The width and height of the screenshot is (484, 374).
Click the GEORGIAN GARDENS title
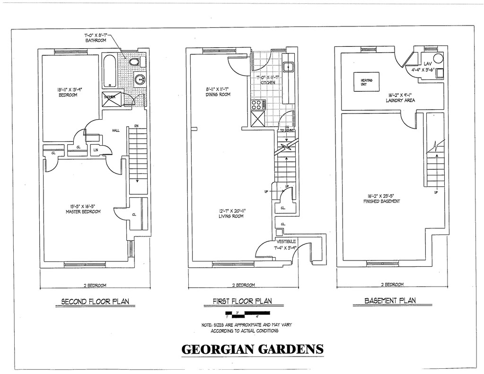253,350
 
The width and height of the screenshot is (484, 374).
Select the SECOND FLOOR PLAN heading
96,301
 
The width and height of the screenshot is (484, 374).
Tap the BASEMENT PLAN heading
390,300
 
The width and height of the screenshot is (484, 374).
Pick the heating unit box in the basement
367,82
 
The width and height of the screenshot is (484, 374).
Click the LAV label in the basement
428,63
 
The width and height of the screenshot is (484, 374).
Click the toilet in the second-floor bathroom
135,62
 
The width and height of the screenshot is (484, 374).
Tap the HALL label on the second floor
115,130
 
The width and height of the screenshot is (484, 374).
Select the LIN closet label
95,151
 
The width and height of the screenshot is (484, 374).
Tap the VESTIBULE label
285,241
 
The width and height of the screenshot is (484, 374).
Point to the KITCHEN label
267,83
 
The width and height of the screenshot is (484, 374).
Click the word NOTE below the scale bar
207,325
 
